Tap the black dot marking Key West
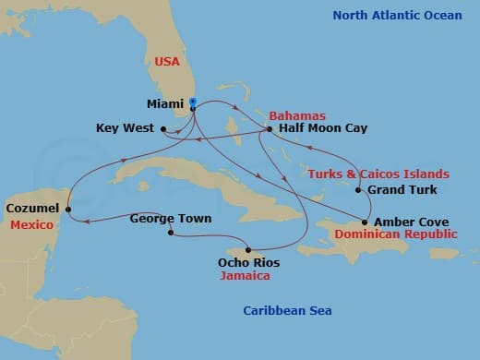162,128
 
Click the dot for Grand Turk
358,190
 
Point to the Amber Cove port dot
365,222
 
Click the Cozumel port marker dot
68,209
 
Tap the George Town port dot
171,233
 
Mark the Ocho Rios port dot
248,250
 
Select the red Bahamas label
297,115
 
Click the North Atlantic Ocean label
397,15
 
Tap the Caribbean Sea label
287,311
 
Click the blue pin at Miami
193,106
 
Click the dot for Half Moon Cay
269,129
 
